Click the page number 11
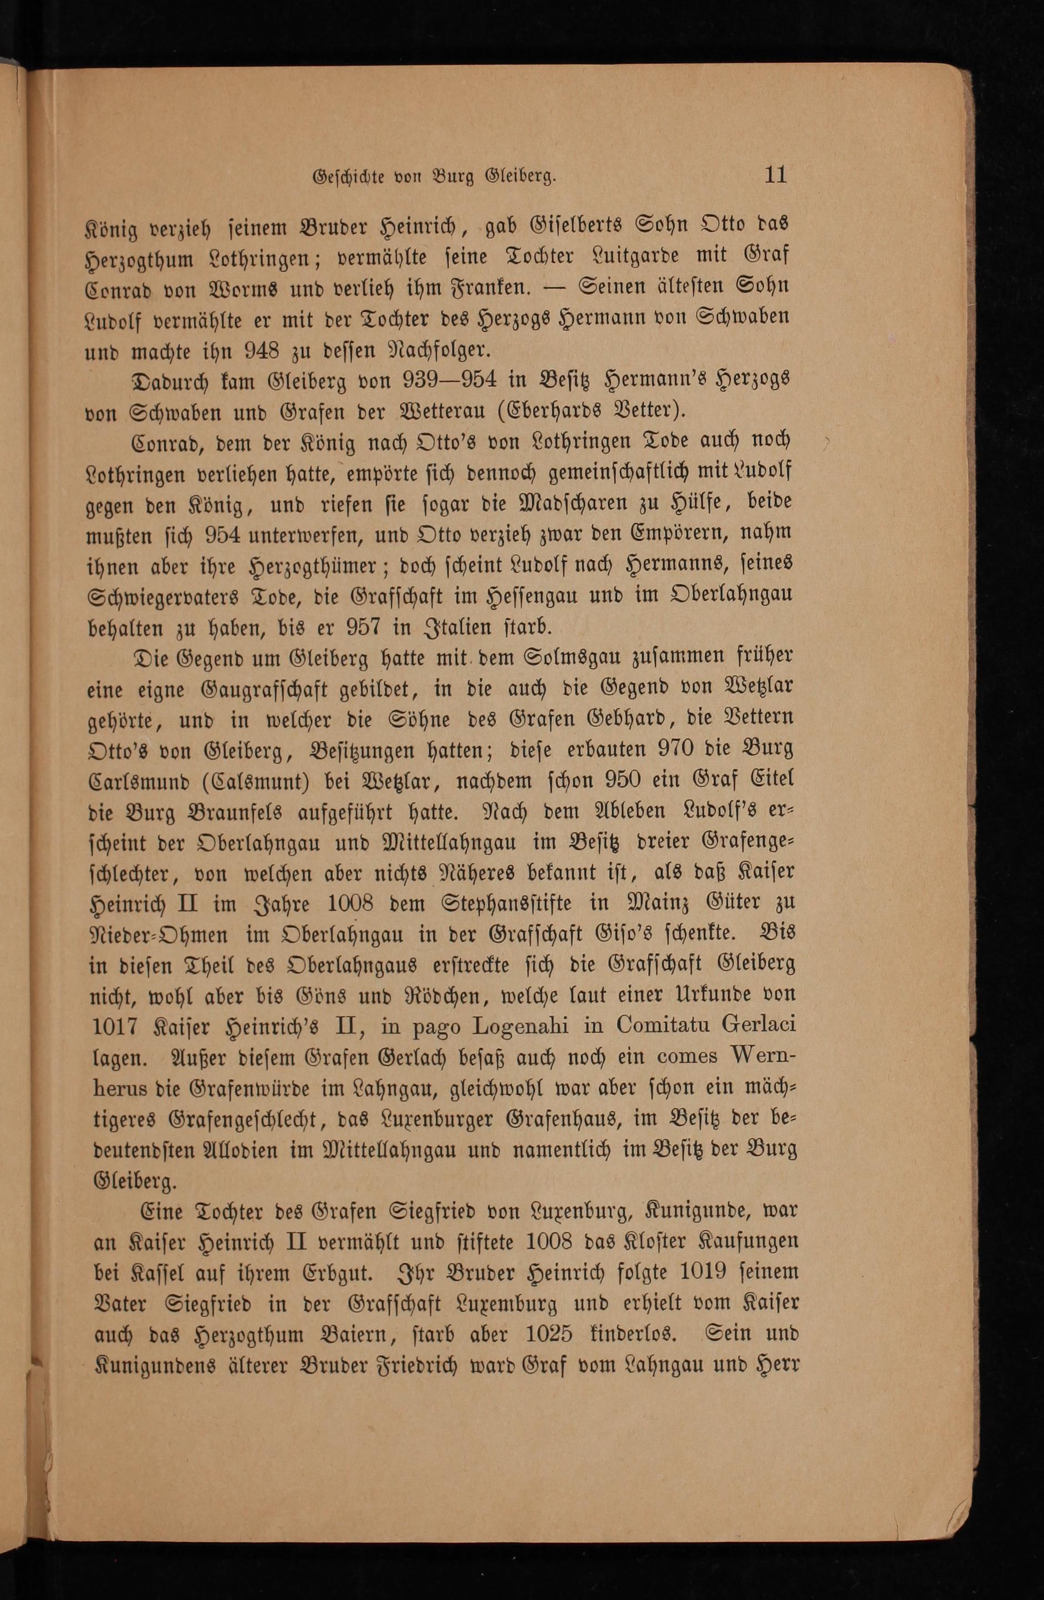(775, 175)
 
